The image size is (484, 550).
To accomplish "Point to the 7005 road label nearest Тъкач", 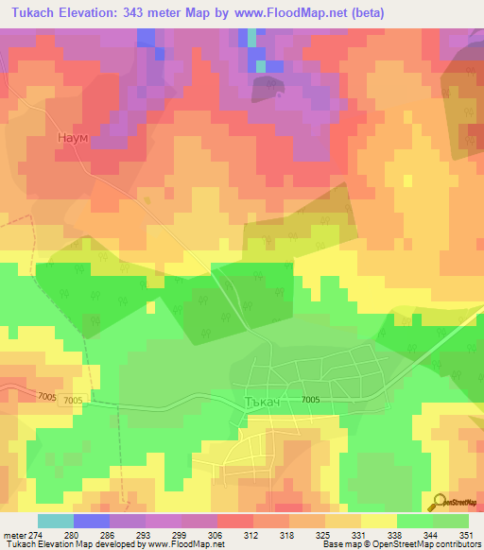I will (x=311, y=401).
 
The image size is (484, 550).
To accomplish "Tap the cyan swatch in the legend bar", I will (x=55, y=521).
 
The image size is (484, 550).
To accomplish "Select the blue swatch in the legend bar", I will (x=91, y=521).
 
